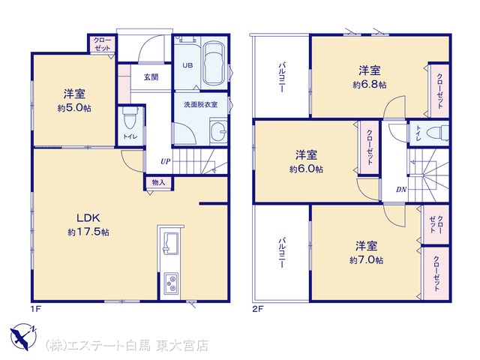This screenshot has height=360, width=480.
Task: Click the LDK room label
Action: [88, 218]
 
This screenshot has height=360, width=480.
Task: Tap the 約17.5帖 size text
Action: [88, 232]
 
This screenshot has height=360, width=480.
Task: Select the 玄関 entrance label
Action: [151, 77]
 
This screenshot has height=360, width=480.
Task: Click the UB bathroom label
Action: [187, 65]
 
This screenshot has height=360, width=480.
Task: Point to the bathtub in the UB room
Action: [214, 63]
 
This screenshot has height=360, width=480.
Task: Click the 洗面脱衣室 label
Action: [200, 104]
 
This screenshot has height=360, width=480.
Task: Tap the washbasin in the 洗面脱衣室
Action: [218, 132]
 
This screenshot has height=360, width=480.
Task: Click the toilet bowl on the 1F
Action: [128, 118]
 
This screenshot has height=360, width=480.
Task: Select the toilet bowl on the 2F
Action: [437, 133]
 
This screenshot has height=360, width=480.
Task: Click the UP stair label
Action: [166, 161]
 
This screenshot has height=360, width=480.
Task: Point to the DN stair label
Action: [401, 190]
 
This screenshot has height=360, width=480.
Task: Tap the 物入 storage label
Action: [158, 183]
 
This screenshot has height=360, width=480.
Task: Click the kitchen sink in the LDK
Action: [171, 243]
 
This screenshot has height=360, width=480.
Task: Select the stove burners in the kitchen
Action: [171, 283]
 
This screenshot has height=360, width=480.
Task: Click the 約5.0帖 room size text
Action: [74, 108]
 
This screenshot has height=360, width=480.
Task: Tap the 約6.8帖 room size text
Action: [370, 85]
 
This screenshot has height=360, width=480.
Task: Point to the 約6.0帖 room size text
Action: [306, 169]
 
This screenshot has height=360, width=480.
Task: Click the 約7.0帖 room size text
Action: [367, 260]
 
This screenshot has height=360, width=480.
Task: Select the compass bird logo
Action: [23, 337]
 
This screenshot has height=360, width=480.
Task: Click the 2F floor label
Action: [258, 309]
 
